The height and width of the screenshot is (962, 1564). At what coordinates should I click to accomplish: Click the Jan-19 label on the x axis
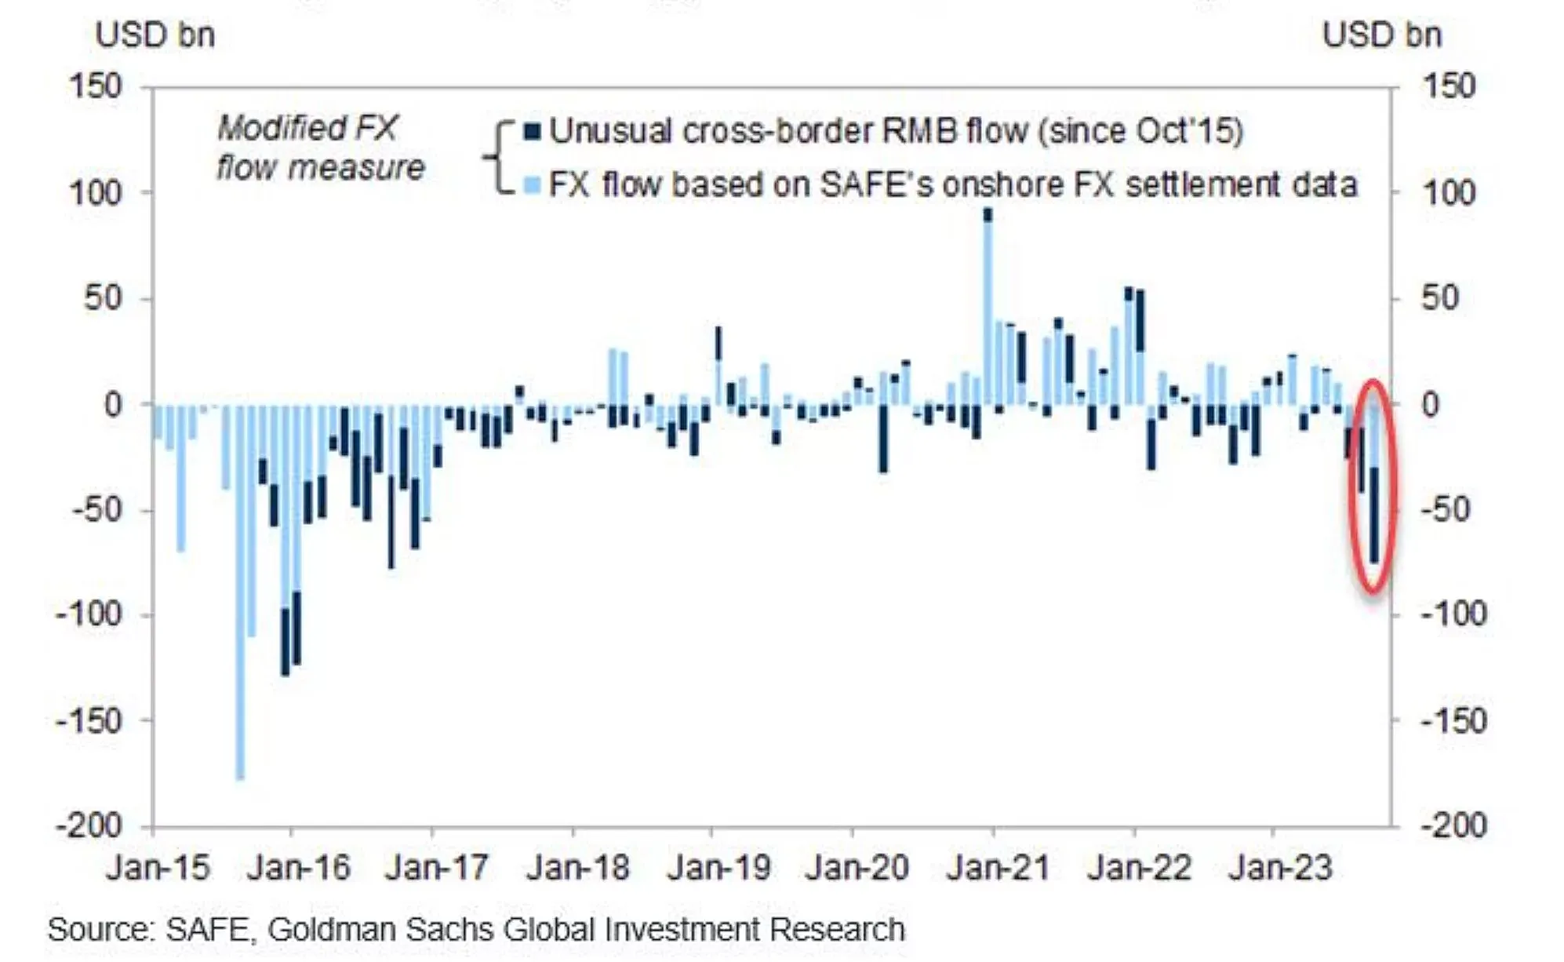tap(718, 868)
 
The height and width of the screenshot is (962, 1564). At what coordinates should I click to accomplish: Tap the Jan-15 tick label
tap(158, 868)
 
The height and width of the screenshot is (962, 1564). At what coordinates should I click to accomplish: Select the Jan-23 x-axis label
tap(1280, 868)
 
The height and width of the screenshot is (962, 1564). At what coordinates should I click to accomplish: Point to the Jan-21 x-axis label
tap(998, 868)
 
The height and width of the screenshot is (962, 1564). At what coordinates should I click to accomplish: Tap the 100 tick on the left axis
tap(96, 192)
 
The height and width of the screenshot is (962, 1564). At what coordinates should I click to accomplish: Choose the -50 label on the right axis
tap(1453, 510)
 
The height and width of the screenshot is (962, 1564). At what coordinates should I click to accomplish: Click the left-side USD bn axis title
tap(155, 35)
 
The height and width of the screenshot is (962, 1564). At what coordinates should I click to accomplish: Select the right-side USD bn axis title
tap(1382, 35)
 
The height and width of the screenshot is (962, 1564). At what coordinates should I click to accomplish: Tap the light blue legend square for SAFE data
tap(533, 186)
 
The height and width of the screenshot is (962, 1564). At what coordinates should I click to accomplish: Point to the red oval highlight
tap(1373, 486)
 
